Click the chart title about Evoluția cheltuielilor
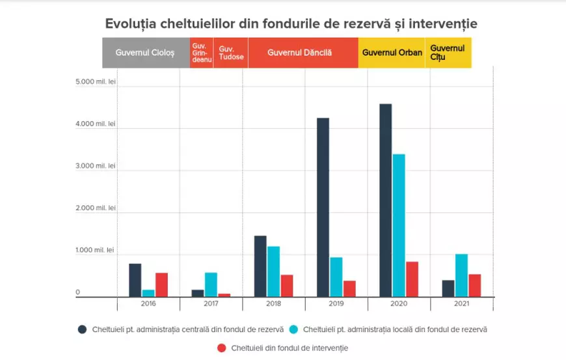point(291,24)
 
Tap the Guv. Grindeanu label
point(201,53)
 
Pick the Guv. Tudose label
point(231,53)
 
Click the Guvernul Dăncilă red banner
point(303,53)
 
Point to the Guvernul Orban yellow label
point(392,53)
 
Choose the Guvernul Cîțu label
point(448,53)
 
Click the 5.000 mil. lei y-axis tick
point(96,82)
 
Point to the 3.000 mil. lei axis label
point(96,166)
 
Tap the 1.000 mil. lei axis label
point(96,250)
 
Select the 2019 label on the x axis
point(336,303)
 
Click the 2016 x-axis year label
point(148,303)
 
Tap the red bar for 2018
point(287,286)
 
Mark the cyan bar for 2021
point(461,275)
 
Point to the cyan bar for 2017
point(211,284)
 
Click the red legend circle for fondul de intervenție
point(221,348)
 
